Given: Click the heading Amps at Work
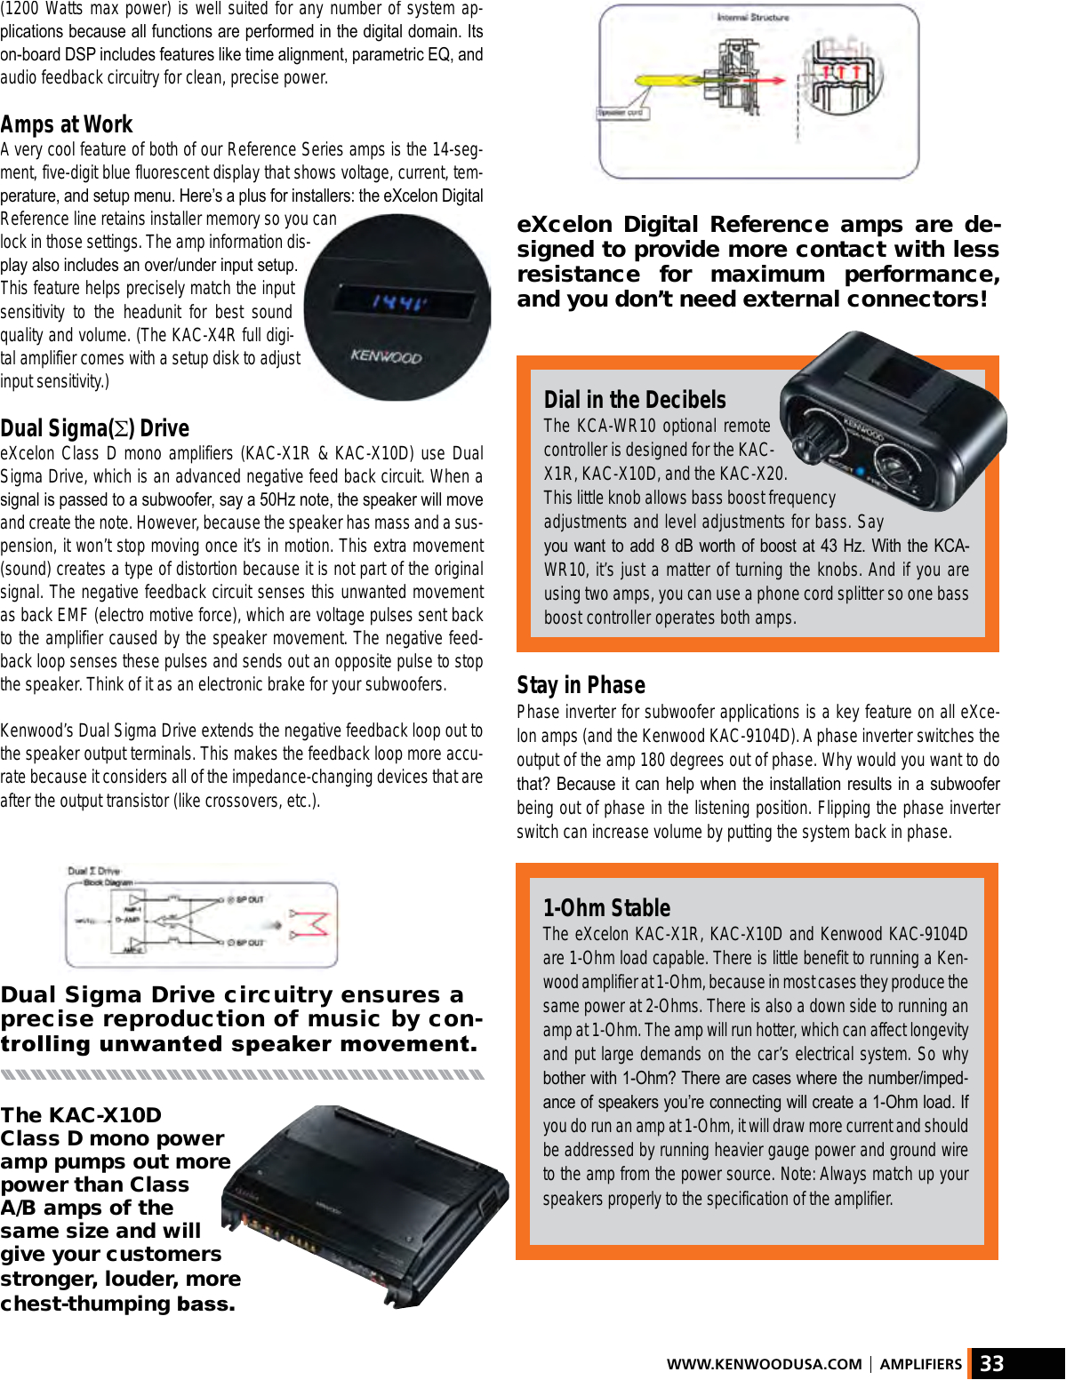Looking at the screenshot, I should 67,124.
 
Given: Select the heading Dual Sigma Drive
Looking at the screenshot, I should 94,428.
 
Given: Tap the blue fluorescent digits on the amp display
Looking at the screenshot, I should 397,303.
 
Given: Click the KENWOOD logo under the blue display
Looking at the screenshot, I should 386,356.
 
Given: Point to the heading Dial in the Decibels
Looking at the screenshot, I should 635,400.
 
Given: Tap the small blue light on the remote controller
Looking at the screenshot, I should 861,470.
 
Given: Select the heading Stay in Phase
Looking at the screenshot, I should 581,685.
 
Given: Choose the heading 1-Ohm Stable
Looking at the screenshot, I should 606,908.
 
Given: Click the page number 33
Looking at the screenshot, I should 991,1364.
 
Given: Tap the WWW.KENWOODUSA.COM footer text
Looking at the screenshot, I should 764,1364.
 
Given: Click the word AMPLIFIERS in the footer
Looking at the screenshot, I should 920,1364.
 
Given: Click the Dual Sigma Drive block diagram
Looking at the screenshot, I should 202,923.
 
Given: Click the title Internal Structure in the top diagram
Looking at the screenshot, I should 752,17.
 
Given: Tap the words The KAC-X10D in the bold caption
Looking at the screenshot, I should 81,1115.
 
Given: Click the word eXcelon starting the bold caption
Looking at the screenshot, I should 565,225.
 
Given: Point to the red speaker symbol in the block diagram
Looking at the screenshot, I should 312,924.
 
